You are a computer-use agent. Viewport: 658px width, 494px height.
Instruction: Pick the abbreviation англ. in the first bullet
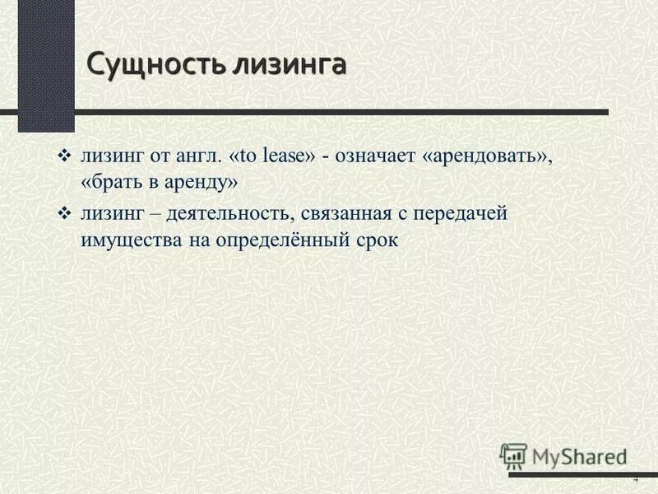(x=195, y=157)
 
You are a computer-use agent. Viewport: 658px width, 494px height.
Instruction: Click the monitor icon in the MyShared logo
(x=513, y=455)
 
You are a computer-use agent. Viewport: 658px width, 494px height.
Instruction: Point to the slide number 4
(x=635, y=481)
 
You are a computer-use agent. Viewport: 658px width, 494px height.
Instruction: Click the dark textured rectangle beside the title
(x=46, y=66)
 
